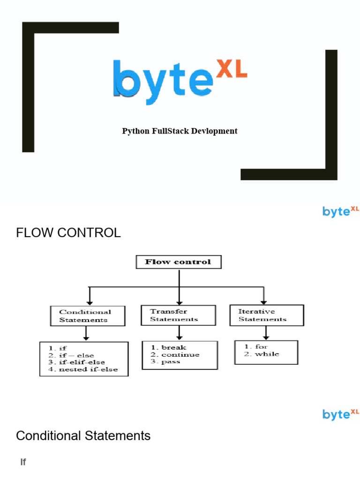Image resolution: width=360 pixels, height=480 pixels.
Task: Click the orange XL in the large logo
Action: pos(231,69)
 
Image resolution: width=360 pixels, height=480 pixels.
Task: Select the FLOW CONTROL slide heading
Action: pos(68,232)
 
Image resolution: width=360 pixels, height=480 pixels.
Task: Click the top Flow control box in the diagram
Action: pos(178,262)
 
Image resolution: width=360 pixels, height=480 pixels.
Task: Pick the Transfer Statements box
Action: pos(178,315)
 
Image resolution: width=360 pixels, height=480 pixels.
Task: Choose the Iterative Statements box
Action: pos(266,315)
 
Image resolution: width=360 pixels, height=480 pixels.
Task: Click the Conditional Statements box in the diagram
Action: pos(88,316)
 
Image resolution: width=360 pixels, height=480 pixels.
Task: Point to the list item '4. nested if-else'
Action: pos(83,369)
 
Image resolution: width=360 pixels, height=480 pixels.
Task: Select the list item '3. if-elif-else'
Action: pos(77,362)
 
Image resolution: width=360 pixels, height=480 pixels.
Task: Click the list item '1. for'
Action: pos(256,347)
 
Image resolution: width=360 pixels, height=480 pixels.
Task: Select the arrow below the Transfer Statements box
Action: pos(179,333)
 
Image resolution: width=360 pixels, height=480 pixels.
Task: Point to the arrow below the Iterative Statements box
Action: pos(266,333)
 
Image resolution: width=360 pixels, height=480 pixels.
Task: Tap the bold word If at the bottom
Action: pos(23,463)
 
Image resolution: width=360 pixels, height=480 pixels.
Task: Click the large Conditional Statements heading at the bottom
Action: pos(83,436)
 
